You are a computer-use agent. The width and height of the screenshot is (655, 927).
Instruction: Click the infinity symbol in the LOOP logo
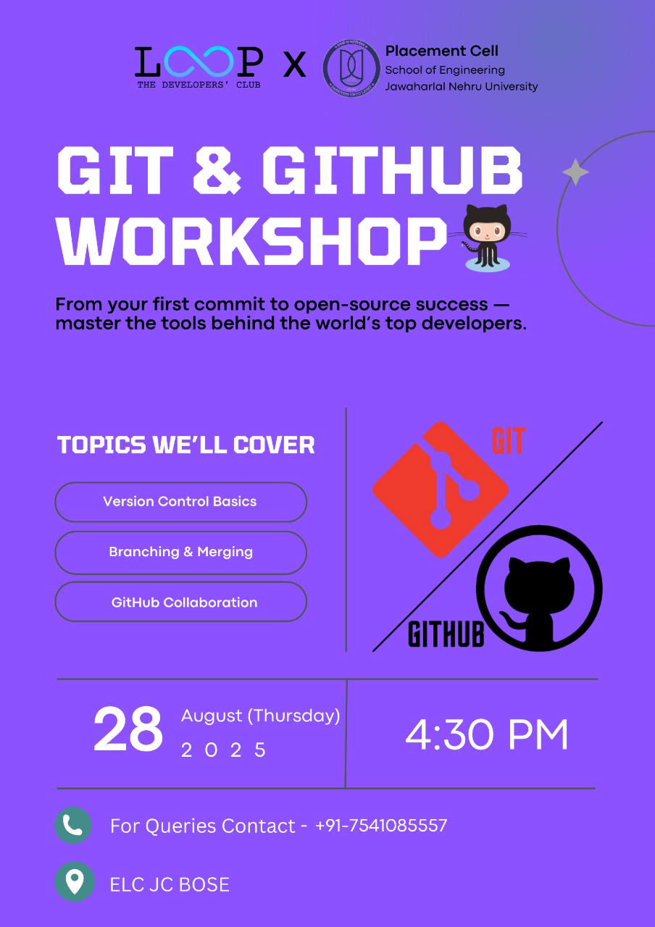199,62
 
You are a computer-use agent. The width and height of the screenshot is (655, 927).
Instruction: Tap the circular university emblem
351,68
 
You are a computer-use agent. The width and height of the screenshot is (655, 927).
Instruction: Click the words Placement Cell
442,51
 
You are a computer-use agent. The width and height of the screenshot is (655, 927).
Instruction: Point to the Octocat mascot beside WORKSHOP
487,238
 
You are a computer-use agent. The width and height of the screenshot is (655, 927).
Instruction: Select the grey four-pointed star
575,172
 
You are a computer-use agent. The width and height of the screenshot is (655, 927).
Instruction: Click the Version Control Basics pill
181,502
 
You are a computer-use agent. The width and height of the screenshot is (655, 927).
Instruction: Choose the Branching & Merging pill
181,553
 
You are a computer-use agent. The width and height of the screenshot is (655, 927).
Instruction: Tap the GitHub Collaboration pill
181,602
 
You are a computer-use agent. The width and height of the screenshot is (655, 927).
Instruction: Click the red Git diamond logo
441,490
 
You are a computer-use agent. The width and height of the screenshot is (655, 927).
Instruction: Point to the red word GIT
509,441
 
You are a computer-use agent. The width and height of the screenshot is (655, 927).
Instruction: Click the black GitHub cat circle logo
540,589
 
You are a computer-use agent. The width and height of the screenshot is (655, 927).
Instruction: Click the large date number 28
128,729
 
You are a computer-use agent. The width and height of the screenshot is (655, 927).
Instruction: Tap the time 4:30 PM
486,734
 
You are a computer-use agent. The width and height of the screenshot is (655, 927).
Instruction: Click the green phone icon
73,825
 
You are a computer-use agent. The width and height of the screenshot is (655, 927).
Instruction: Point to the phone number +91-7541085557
381,825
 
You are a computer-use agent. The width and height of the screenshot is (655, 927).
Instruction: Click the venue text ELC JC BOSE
170,885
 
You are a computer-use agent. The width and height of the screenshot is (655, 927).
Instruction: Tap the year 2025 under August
224,750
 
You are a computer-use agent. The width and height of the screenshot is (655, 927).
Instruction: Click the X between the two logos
294,64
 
